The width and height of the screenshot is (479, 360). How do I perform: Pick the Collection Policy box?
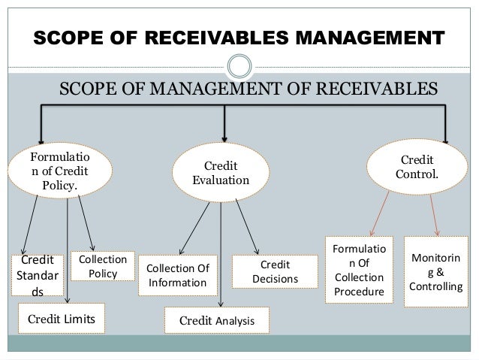click(x=102, y=265)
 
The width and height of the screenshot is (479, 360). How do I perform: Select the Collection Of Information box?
click(x=177, y=275)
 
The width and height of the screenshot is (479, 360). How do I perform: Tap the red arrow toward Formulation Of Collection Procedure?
click(x=380, y=213)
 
